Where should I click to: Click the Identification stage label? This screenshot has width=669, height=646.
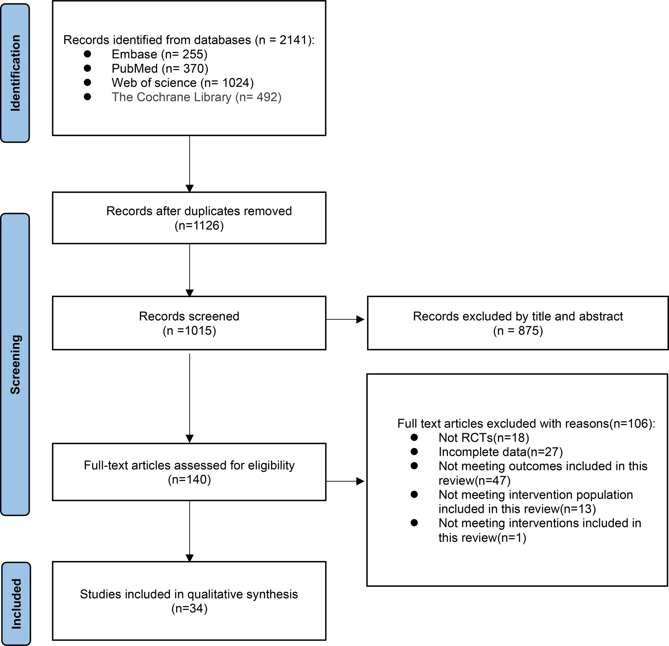tap(15, 73)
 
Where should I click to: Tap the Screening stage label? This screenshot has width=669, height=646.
tap(15, 364)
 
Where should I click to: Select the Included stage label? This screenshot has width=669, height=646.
tap(16, 604)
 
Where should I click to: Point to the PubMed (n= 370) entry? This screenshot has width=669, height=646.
tap(160, 68)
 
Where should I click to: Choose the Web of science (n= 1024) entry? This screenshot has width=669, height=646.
tap(183, 83)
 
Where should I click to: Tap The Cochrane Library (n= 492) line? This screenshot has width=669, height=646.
tap(196, 97)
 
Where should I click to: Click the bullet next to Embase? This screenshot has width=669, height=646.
tap(88, 54)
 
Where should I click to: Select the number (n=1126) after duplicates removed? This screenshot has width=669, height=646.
tap(199, 225)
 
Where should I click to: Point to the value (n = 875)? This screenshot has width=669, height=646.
tap(518, 330)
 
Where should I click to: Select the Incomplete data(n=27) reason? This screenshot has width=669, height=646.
tap(500, 452)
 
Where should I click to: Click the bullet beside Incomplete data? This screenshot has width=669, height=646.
tap(414, 452)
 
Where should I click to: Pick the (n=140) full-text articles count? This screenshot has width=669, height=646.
tap(189, 480)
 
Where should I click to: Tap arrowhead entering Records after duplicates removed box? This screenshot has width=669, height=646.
tap(189, 188)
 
